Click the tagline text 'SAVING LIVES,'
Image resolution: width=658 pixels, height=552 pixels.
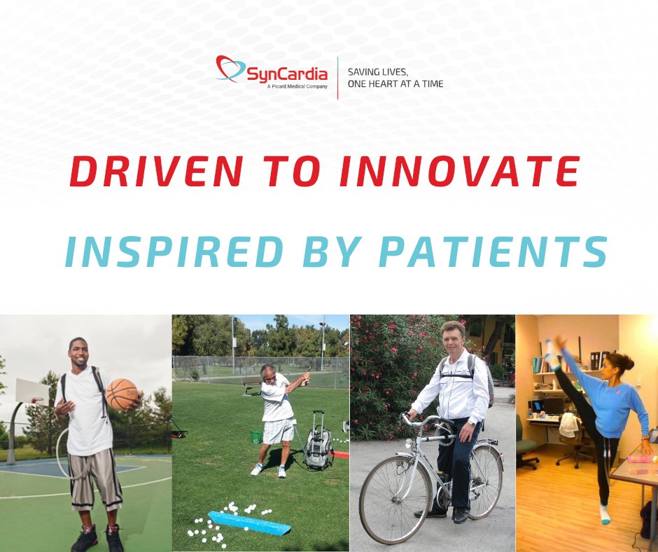pyautogui.click(x=378, y=72)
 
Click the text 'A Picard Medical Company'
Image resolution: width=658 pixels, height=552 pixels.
pyautogui.click(x=297, y=86)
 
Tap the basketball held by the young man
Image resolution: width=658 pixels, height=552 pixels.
pyautogui.click(x=122, y=394)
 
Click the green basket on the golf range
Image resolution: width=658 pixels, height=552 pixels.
pyautogui.click(x=257, y=436)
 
